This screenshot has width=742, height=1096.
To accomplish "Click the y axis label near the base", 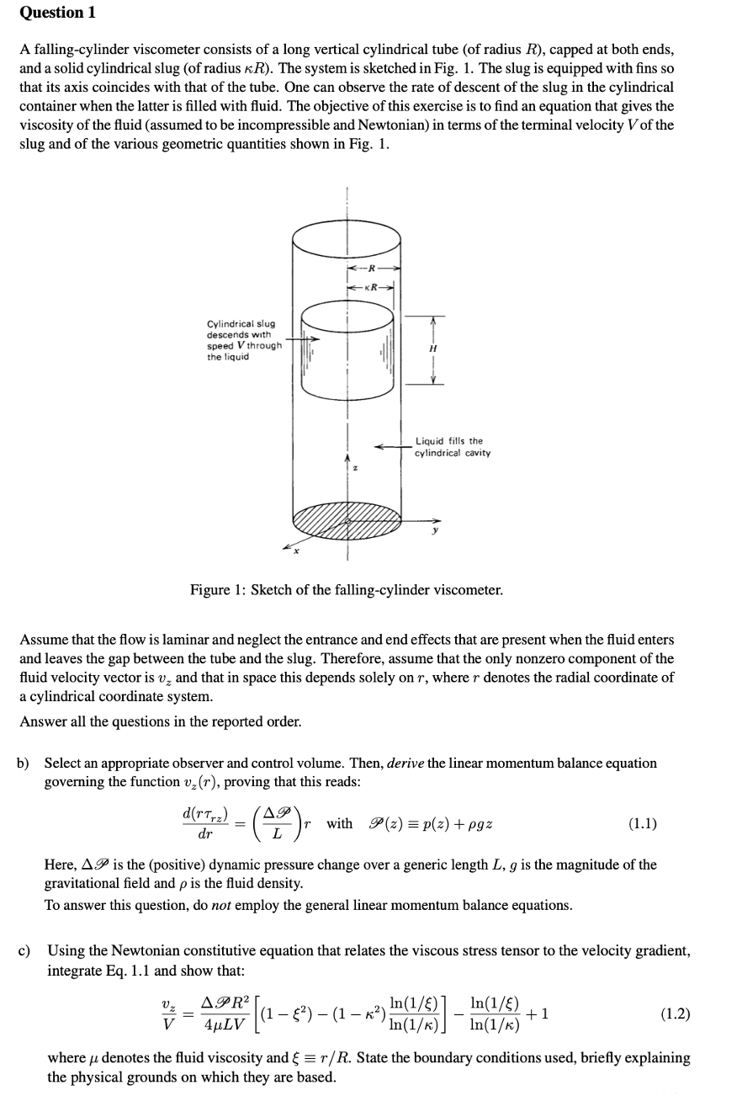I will coord(435,531).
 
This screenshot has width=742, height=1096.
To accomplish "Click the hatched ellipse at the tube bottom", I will coord(345,522).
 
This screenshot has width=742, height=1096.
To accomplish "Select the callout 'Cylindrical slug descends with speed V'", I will coord(243,340).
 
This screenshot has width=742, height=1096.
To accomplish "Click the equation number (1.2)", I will coord(674,1013).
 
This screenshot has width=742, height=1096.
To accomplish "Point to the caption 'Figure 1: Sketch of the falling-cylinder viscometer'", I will coord(346,590).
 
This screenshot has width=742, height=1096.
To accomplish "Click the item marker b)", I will coord(25,763).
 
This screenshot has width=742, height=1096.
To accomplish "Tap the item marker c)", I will coord(25,951).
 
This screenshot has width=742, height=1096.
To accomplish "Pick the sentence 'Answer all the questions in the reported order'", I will coord(160,721).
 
